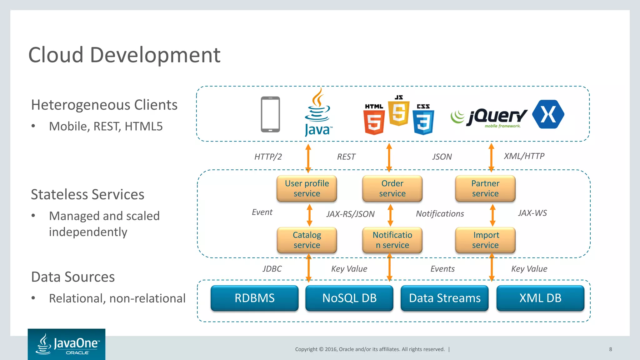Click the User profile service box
307,188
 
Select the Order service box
392,188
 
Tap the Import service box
485,240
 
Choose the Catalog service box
307,240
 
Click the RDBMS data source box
254,298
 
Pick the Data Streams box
444,298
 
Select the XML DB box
540,298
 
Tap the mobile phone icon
270,114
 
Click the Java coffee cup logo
317,112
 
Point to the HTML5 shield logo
374,119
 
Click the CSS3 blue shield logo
423,119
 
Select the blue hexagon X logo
548,114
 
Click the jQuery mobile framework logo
489,118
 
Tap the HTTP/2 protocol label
268,157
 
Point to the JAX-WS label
532,213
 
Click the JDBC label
272,269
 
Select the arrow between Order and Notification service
390,215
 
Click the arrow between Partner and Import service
492,215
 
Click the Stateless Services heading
87,194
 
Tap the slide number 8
610,349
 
